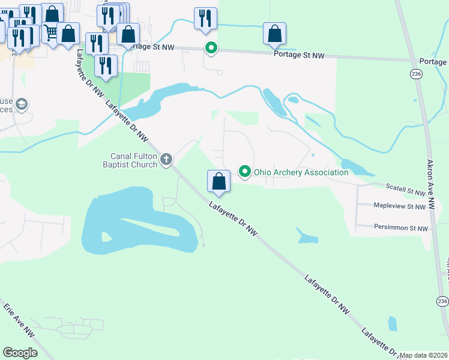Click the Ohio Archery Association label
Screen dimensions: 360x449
(301, 172)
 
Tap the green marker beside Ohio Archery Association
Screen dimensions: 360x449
(245, 172)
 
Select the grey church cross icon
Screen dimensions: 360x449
(167, 160)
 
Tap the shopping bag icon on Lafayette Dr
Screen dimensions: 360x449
(219, 181)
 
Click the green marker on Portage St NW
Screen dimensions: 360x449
(211, 47)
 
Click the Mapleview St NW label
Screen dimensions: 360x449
(400, 207)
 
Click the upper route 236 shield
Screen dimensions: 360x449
(416, 73)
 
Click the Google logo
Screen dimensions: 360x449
(20, 353)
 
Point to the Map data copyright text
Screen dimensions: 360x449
(424, 355)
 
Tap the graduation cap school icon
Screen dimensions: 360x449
(22, 105)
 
